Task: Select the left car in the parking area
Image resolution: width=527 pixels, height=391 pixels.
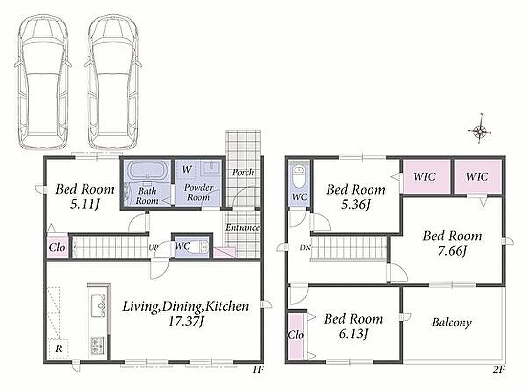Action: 43,82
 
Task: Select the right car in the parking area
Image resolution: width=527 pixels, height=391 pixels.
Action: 113,82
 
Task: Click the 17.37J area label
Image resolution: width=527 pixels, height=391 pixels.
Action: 186,322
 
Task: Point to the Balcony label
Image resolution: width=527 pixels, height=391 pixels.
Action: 451,323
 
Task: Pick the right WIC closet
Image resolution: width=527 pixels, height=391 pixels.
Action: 478,177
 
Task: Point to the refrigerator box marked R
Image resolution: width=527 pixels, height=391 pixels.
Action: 59,349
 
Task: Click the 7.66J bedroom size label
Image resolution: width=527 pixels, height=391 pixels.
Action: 452,251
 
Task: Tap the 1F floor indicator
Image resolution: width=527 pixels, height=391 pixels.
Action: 258,370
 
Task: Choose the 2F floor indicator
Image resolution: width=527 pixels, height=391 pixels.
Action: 499,370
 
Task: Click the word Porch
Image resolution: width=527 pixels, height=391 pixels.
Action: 243,173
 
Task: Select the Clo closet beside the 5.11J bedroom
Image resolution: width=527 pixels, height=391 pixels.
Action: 57,247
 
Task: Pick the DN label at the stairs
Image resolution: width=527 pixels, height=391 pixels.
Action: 305,248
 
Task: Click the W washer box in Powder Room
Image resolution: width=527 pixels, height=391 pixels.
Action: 187,169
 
